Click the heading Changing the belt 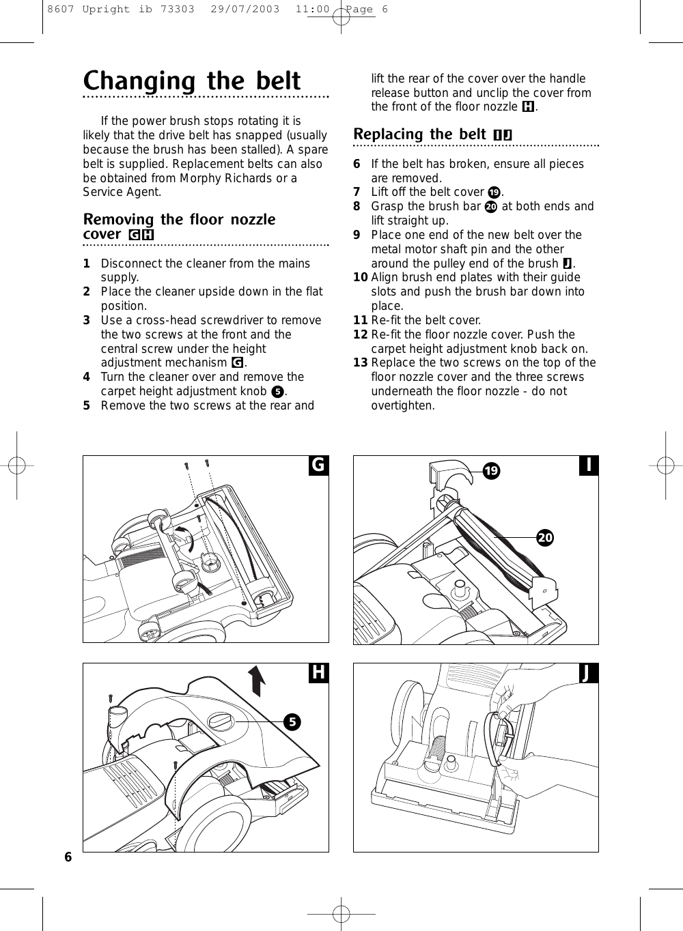click(191, 81)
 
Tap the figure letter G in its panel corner click(318, 465)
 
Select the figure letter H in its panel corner click(318, 673)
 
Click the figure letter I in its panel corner click(588, 465)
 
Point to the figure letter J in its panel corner click(587, 674)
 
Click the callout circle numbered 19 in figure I click(490, 471)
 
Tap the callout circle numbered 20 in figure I click(544, 538)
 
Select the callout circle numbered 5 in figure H click(292, 721)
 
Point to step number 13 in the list click(361, 363)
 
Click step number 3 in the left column click(87, 321)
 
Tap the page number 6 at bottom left click(68, 857)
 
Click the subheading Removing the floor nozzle click(179, 219)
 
